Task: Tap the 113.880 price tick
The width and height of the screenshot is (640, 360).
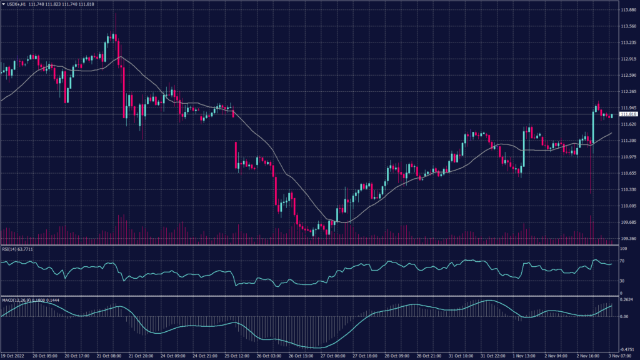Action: coord(627,10)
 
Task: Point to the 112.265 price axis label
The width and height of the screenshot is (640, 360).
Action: coord(627,92)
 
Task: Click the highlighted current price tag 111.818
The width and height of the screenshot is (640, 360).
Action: coord(627,114)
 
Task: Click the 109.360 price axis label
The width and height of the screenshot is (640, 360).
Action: coord(627,239)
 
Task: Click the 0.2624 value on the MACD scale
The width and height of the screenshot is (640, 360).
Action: coord(627,301)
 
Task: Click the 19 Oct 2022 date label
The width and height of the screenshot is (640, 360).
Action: coord(13,356)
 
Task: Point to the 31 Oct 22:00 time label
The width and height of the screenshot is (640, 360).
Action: coord(492,356)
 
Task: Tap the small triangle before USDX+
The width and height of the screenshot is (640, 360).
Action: coord(2,4)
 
